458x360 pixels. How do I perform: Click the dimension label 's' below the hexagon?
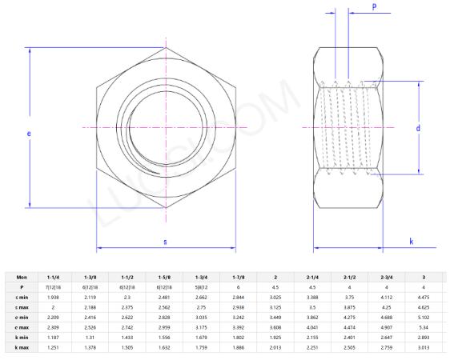click(165, 241)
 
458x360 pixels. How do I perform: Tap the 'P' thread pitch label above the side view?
click(374, 6)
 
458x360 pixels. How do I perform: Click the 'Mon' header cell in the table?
click(22, 277)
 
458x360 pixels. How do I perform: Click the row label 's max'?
click(22, 306)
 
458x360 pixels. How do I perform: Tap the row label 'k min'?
click(22, 338)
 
